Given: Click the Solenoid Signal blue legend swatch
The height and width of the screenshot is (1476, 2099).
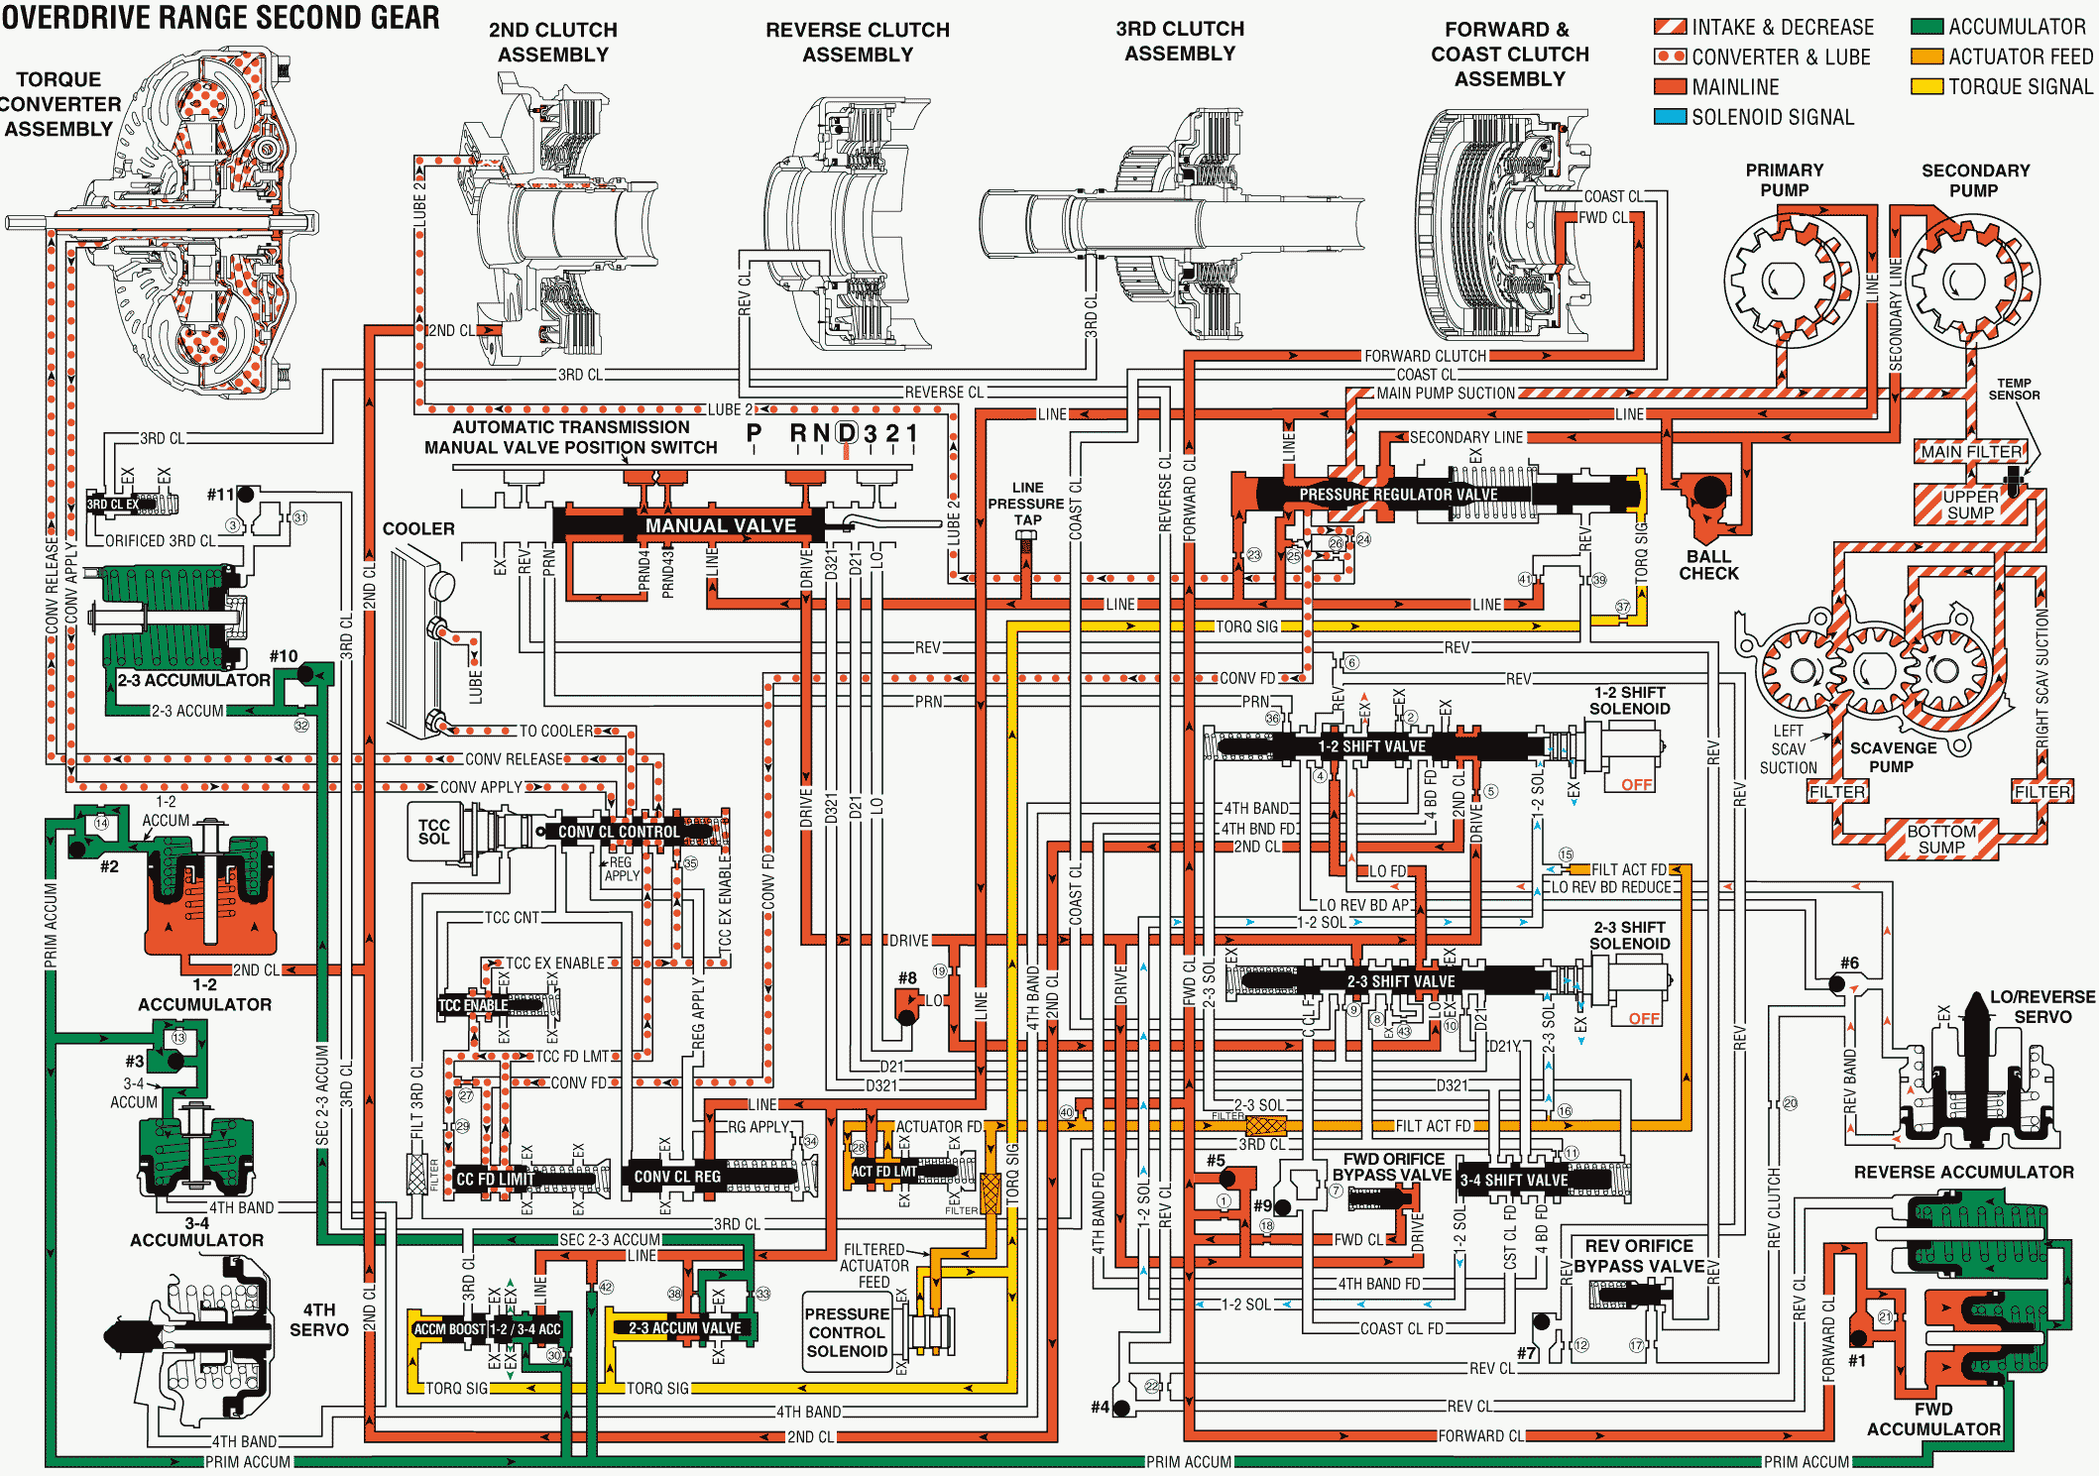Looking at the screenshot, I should pos(1670,117).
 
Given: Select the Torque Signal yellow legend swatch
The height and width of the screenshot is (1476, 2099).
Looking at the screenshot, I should pos(1926,86).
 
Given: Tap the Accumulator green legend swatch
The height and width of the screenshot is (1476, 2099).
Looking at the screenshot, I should pos(1926,27).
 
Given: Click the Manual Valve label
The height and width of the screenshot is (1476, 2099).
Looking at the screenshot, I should pos(720,525).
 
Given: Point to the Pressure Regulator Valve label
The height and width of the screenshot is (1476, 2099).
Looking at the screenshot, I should pos(1398,494).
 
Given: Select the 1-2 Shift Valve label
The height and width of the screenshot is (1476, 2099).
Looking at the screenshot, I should pos(1371,746).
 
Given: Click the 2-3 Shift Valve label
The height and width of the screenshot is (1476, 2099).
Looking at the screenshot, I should pos(1400,981).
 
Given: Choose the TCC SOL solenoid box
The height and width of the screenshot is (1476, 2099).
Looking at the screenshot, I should pos(434,832).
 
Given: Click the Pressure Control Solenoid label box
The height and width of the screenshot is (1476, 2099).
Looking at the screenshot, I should pos(846,1332).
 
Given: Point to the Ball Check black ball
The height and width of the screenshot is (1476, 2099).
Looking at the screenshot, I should pos(1708,492).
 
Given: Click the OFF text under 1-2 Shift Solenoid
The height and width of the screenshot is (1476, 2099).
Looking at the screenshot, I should pos(1636,785).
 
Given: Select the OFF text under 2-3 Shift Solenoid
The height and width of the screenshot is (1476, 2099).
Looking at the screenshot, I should pos(1643,1018).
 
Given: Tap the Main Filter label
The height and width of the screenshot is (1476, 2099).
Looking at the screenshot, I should pos(1970,452).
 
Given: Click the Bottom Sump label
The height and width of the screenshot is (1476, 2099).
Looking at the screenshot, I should pos(1940,839).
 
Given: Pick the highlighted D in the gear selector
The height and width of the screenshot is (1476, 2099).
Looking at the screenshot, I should pos(847,433).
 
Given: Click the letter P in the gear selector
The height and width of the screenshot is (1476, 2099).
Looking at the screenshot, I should pos(755,433).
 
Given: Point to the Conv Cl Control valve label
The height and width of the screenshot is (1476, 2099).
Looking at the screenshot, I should pos(619,832).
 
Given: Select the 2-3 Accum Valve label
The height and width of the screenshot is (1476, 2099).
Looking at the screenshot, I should pos(684,1328).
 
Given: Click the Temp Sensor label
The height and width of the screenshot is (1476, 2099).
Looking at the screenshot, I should pos(2014,389).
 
